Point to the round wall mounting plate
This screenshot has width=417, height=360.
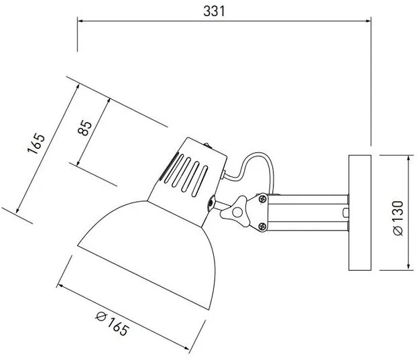(x=361, y=213)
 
